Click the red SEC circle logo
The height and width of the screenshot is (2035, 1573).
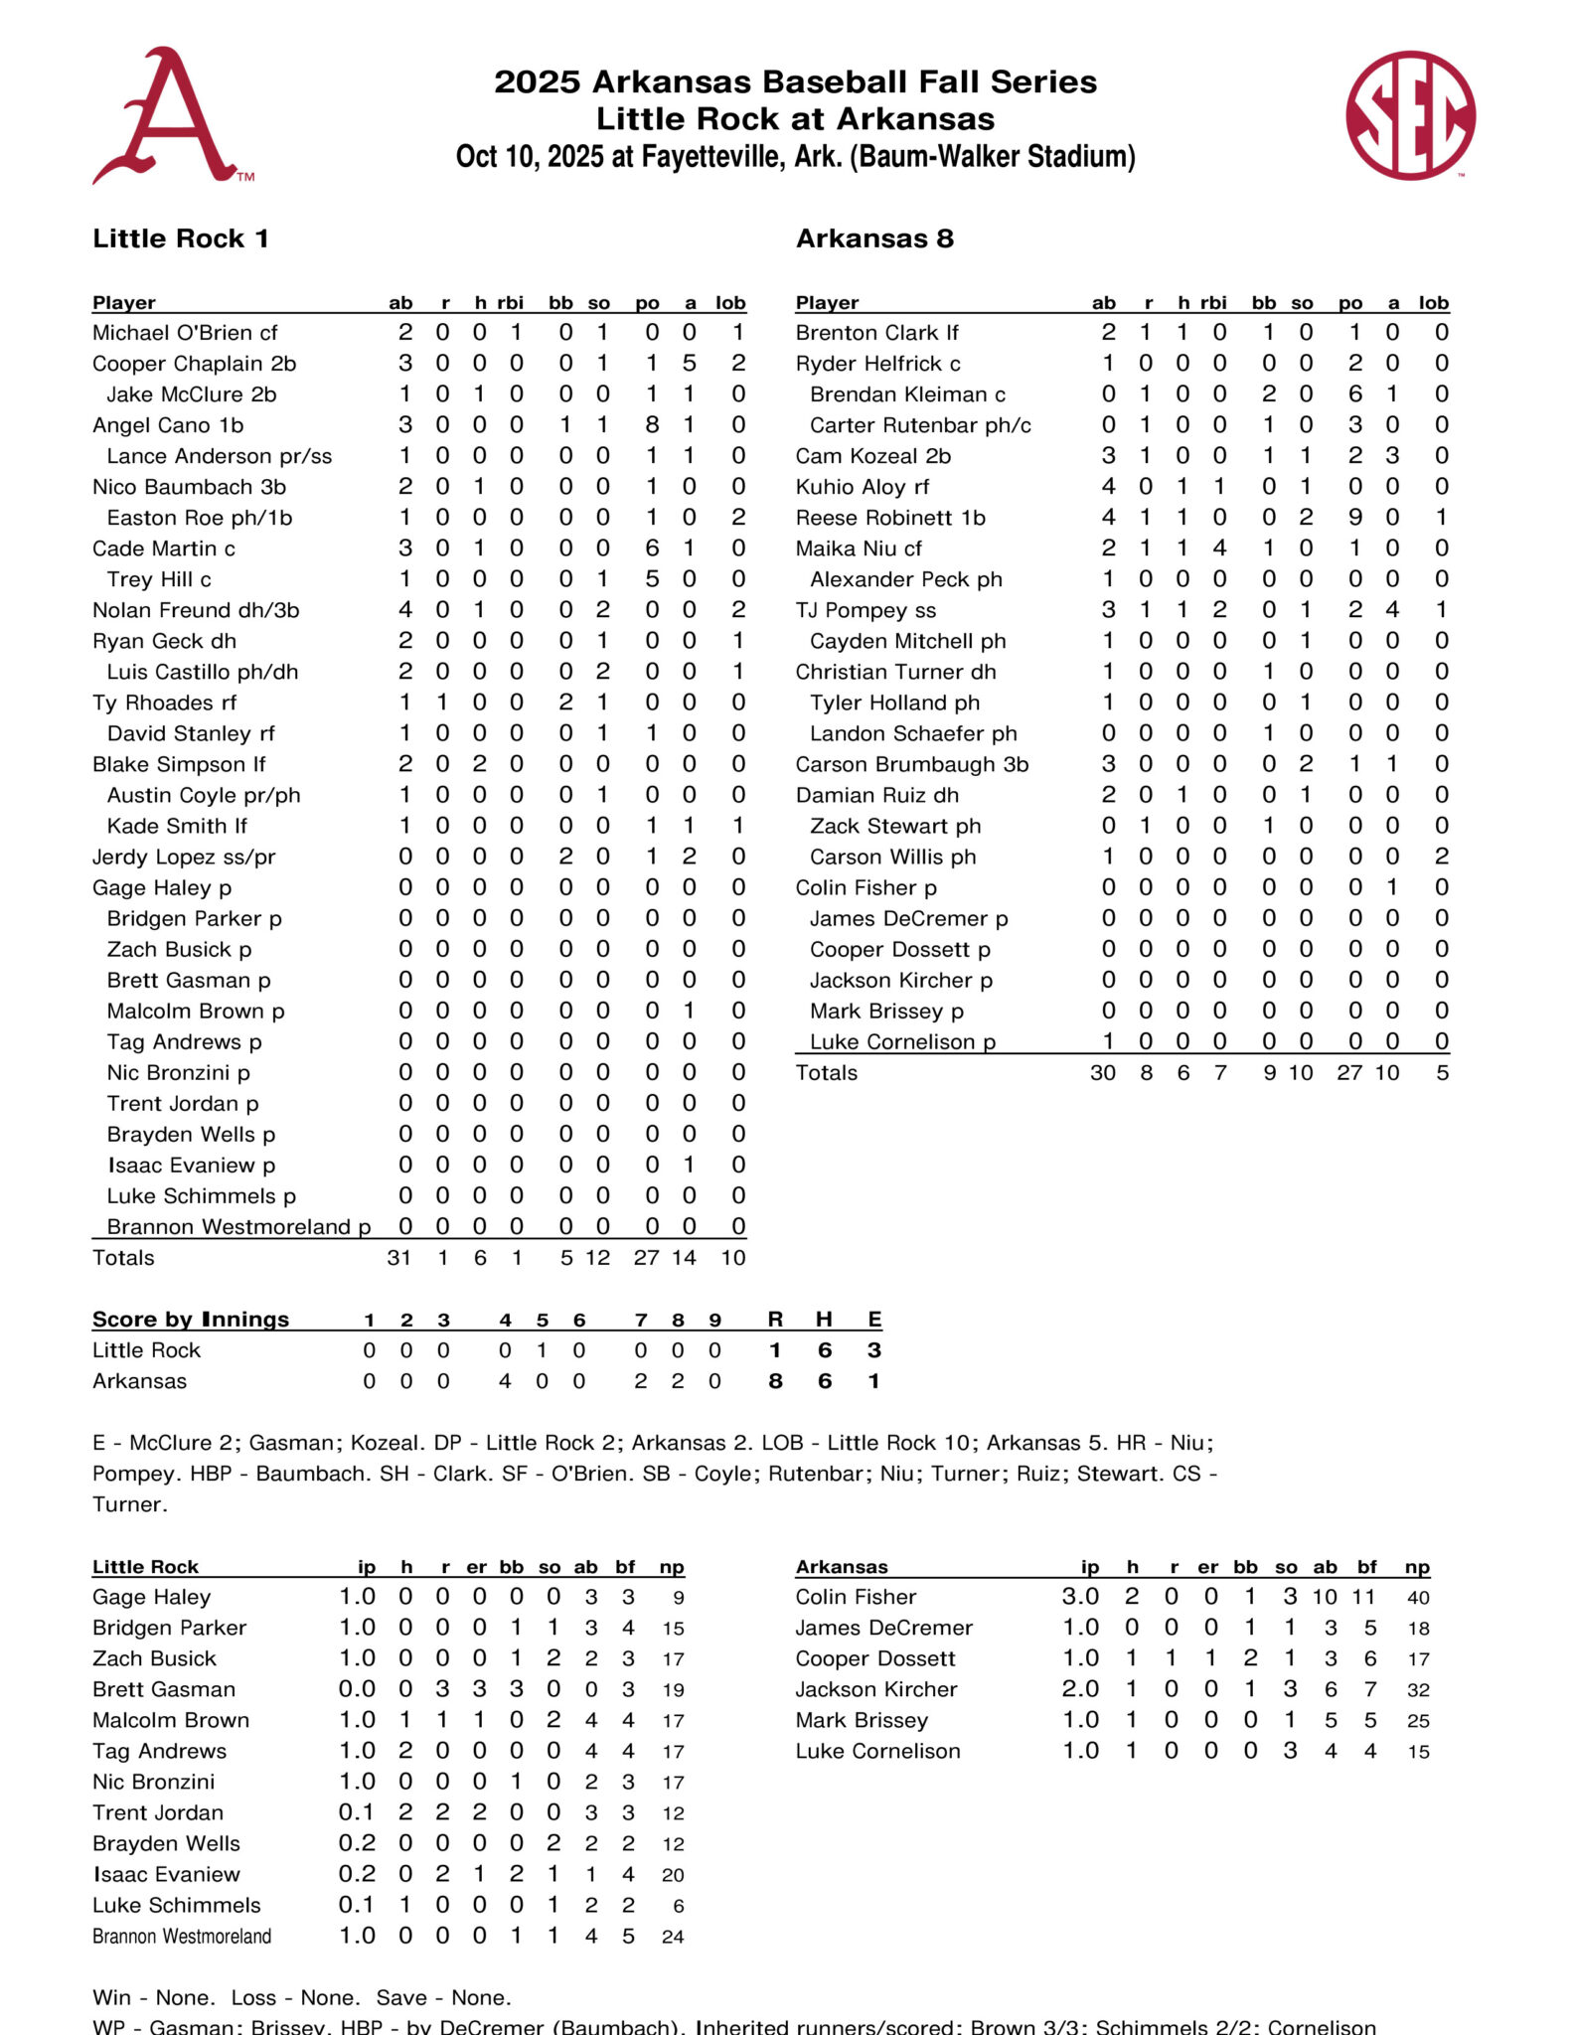pyautogui.click(x=1410, y=115)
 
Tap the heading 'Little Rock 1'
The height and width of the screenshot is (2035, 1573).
pyautogui.click(x=180, y=238)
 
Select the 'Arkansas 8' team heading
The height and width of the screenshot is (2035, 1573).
pyautogui.click(x=874, y=238)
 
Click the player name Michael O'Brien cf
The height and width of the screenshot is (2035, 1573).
pyautogui.click(x=185, y=333)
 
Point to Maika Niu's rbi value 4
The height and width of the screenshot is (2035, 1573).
pyautogui.click(x=1219, y=548)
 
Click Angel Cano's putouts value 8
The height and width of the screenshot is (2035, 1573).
pyautogui.click(x=652, y=425)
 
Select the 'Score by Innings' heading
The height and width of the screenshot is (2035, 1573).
pyautogui.click(x=191, y=1320)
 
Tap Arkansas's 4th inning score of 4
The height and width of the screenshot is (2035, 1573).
pyautogui.click(x=505, y=1381)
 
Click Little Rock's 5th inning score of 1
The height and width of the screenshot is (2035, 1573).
pyautogui.click(x=542, y=1350)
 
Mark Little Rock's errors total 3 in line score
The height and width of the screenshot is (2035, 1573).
pyautogui.click(x=873, y=1350)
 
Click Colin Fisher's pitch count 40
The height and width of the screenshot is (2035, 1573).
pyautogui.click(x=1418, y=1598)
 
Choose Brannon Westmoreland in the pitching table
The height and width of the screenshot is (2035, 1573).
pyautogui.click(x=182, y=1937)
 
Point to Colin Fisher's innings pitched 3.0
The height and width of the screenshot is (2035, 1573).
pyautogui.click(x=1080, y=1597)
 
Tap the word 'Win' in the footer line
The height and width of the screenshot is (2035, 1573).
pyautogui.click(x=111, y=1998)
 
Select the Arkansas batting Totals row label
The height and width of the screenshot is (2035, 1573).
pyautogui.click(x=826, y=1073)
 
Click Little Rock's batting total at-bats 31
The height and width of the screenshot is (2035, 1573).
pyautogui.click(x=399, y=1258)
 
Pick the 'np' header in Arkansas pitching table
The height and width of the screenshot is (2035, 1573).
pyautogui.click(x=1417, y=1567)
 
